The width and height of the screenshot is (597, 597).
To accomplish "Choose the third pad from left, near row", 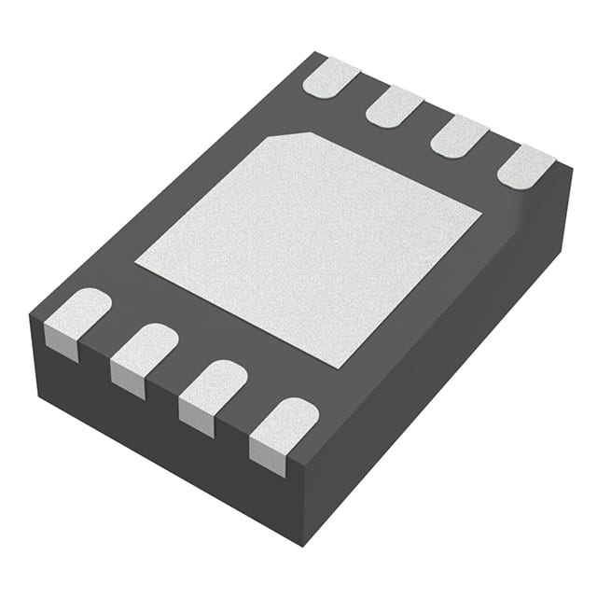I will pos(214,383).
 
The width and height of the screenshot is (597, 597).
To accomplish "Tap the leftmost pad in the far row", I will pos(330,76).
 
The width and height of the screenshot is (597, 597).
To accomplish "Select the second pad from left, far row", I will pos(395,105).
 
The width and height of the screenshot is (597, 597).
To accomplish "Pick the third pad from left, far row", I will pos(460,136).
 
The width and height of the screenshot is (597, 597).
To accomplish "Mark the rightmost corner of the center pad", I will pos(481,216).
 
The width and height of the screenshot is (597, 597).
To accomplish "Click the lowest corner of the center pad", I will pos(341,368).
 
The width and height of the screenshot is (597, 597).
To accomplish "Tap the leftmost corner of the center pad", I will pos(136,262).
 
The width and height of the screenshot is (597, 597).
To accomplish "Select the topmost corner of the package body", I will pos(320,53).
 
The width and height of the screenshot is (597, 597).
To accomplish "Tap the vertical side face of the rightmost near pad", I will pos(267,459).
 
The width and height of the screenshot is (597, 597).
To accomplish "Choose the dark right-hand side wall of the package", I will pos(448,364).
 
